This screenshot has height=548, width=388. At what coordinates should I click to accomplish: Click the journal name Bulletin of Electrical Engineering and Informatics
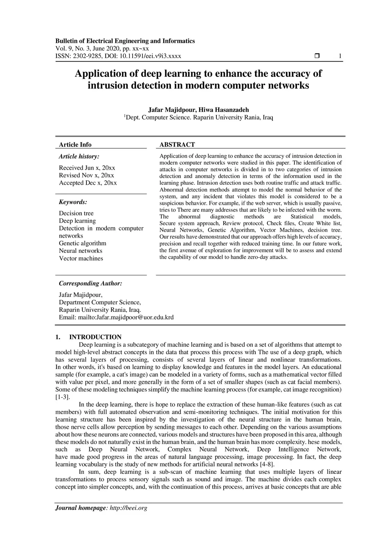pyautogui.click(x=125, y=41)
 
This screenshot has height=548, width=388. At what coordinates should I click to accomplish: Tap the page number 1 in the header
pyautogui.click(x=340, y=56)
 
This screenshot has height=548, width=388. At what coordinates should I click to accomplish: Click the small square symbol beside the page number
pyautogui.click(x=317, y=56)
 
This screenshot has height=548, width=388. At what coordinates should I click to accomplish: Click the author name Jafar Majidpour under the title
pyautogui.click(x=172, y=110)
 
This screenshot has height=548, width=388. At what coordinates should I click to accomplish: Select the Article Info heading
pyautogui.click(x=75, y=145)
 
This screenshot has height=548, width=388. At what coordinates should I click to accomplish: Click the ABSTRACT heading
pyautogui.click(x=177, y=145)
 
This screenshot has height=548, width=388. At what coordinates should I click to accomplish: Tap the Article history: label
pyautogui.click(x=79, y=156)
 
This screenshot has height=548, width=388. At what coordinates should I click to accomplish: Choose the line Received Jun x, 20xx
pyautogui.click(x=87, y=168)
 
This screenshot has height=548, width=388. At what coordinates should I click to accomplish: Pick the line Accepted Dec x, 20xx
pyautogui.click(x=88, y=183)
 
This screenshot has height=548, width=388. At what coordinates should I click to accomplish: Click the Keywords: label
pyautogui.click(x=73, y=202)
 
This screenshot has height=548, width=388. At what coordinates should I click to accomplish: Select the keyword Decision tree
pyautogui.click(x=76, y=213)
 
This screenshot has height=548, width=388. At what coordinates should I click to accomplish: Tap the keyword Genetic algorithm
pyautogui.click(x=82, y=243)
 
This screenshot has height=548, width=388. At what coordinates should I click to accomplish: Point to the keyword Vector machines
pyautogui.click(x=81, y=258)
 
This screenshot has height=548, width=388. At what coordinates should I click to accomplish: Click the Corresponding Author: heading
pyautogui.click(x=90, y=283)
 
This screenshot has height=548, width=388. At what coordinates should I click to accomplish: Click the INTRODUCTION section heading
pyautogui.click(x=95, y=337)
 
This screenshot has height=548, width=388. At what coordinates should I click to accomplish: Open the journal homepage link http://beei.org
pyautogui.click(x=128, y=508)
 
